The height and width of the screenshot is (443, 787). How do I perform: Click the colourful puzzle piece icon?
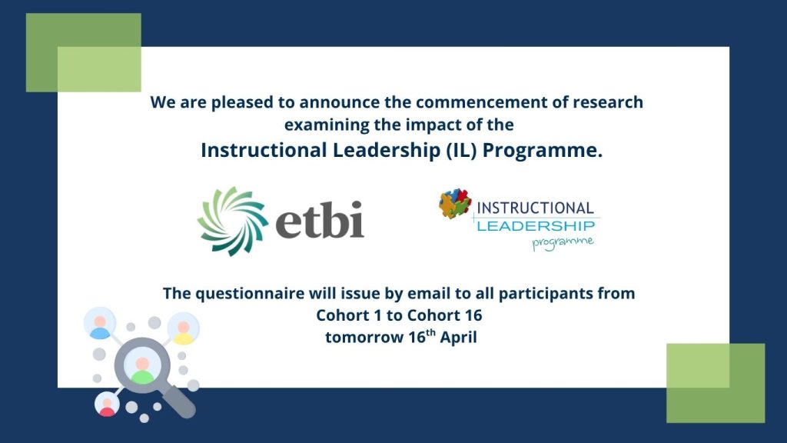[455, 205]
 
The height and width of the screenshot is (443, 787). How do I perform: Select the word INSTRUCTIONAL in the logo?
[535, 208]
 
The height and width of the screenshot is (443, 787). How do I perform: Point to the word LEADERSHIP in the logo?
[535, 225]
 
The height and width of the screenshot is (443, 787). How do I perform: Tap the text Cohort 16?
[444, 315]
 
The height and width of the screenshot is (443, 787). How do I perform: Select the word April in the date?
[458, 337]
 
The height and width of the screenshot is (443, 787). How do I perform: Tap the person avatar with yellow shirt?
[183, 328]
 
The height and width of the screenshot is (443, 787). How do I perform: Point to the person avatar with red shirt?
[107, 405]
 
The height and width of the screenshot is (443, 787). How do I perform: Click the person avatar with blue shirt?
[99, 324]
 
